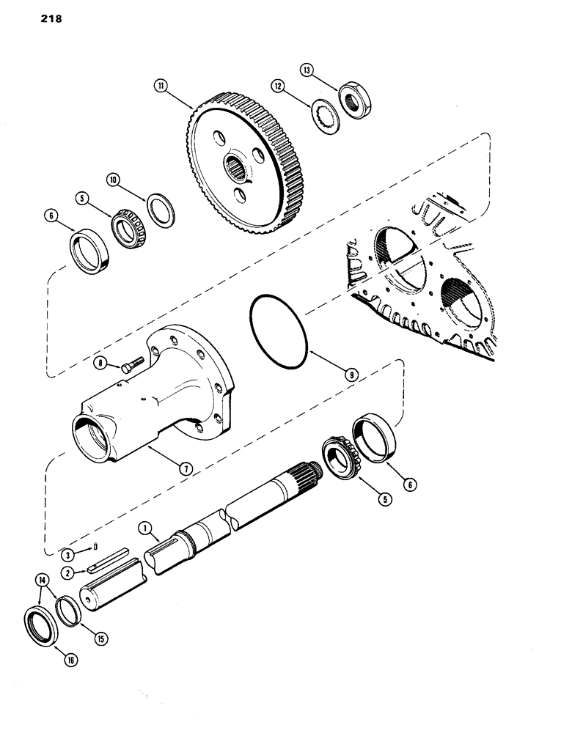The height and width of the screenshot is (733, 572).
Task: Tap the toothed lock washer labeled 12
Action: click(x=320, y=117)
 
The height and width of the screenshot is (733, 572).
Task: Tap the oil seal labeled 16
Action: click(x=38, y=623)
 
